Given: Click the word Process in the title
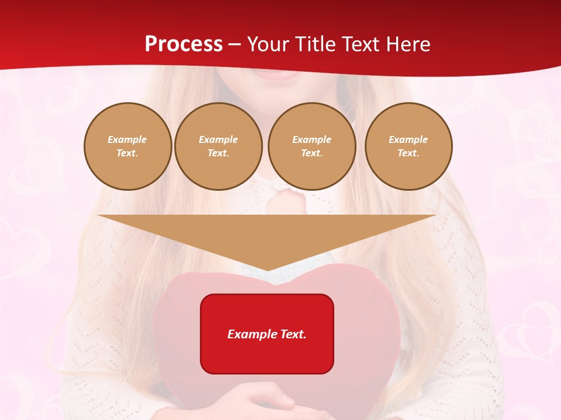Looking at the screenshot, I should click(183, 44).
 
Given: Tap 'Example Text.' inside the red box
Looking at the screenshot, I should click(267, 334).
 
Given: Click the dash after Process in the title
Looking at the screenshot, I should click(234, 44).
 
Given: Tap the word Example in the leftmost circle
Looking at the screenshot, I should click(127, 139).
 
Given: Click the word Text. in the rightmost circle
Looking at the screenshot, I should click(408, 153).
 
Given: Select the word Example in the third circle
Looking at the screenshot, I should click(311, 139).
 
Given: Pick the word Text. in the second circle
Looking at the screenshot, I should click(218, 153).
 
